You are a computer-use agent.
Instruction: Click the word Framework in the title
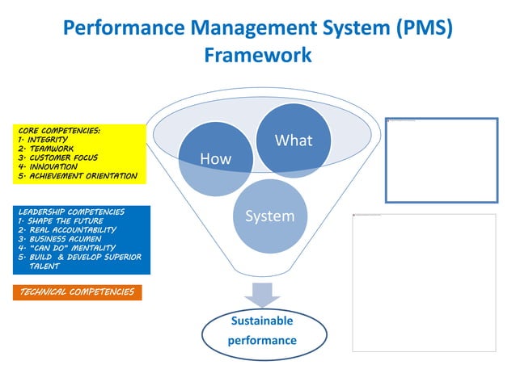tap(258, 56)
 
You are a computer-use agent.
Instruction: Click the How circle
tap(215, 159)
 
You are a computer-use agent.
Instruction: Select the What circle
tap(293, 140)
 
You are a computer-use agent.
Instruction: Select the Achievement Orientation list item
tap(77, 175)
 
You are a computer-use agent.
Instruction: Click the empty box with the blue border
tap(441, 159)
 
